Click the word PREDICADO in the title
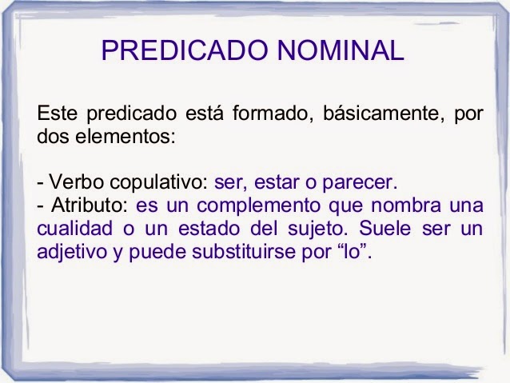pyautogui.click(x=181, y=51)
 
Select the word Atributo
pyautogui.click(x=78, y=205)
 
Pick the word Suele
pyautogui.click(x=383, y=228)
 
